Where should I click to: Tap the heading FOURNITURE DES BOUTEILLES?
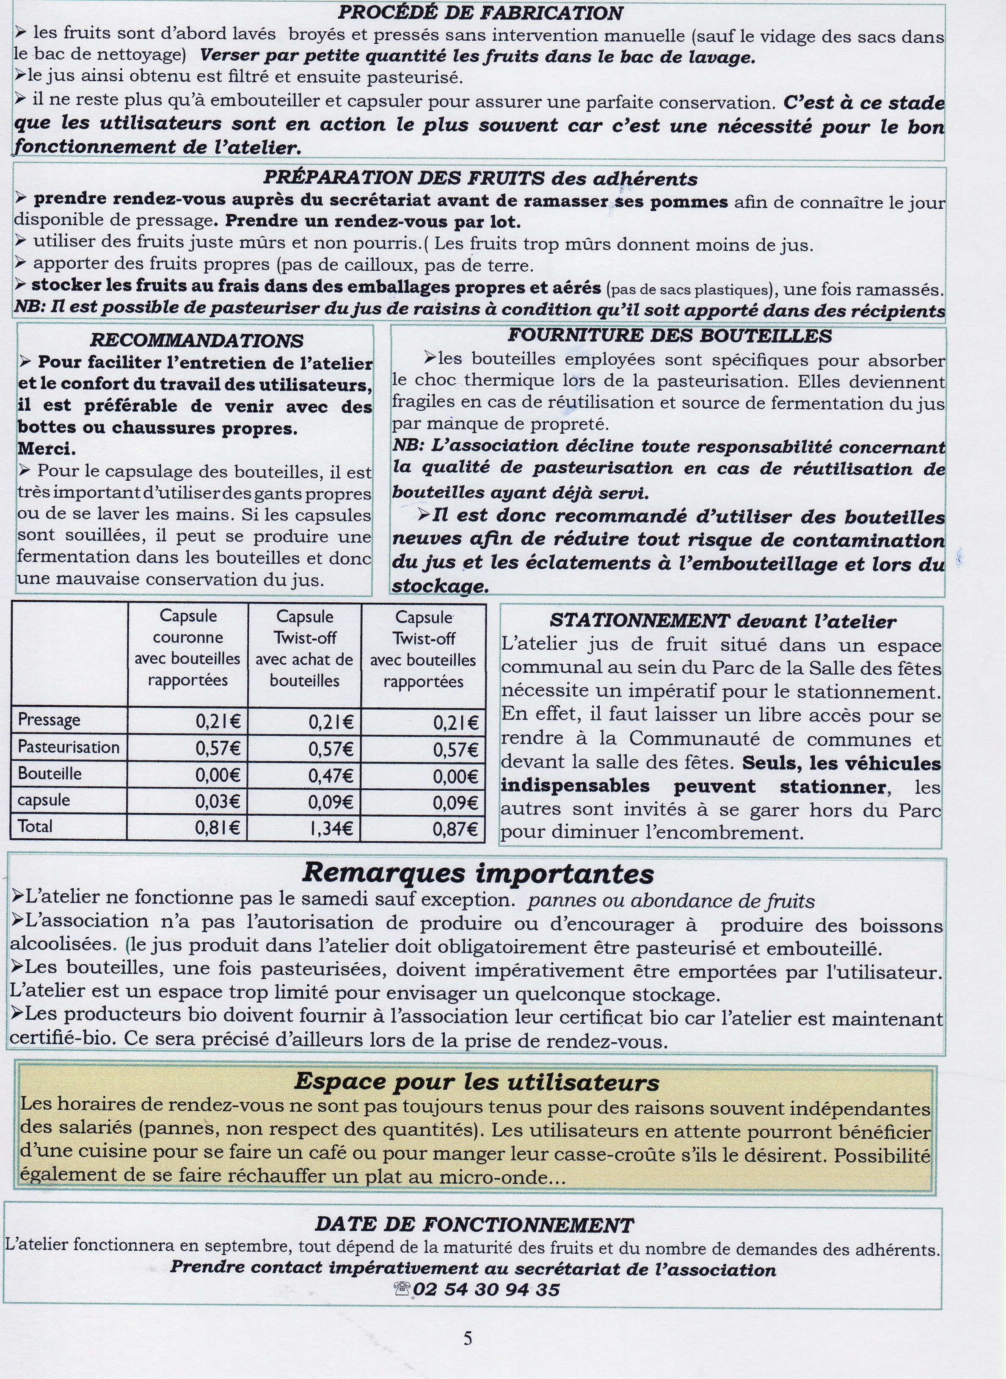click(x=669, y=336)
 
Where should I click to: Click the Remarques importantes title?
click(x=478, y=873)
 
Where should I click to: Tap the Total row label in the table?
click(x=35, y=826)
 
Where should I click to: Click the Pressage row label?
click(x=50, y=720)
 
